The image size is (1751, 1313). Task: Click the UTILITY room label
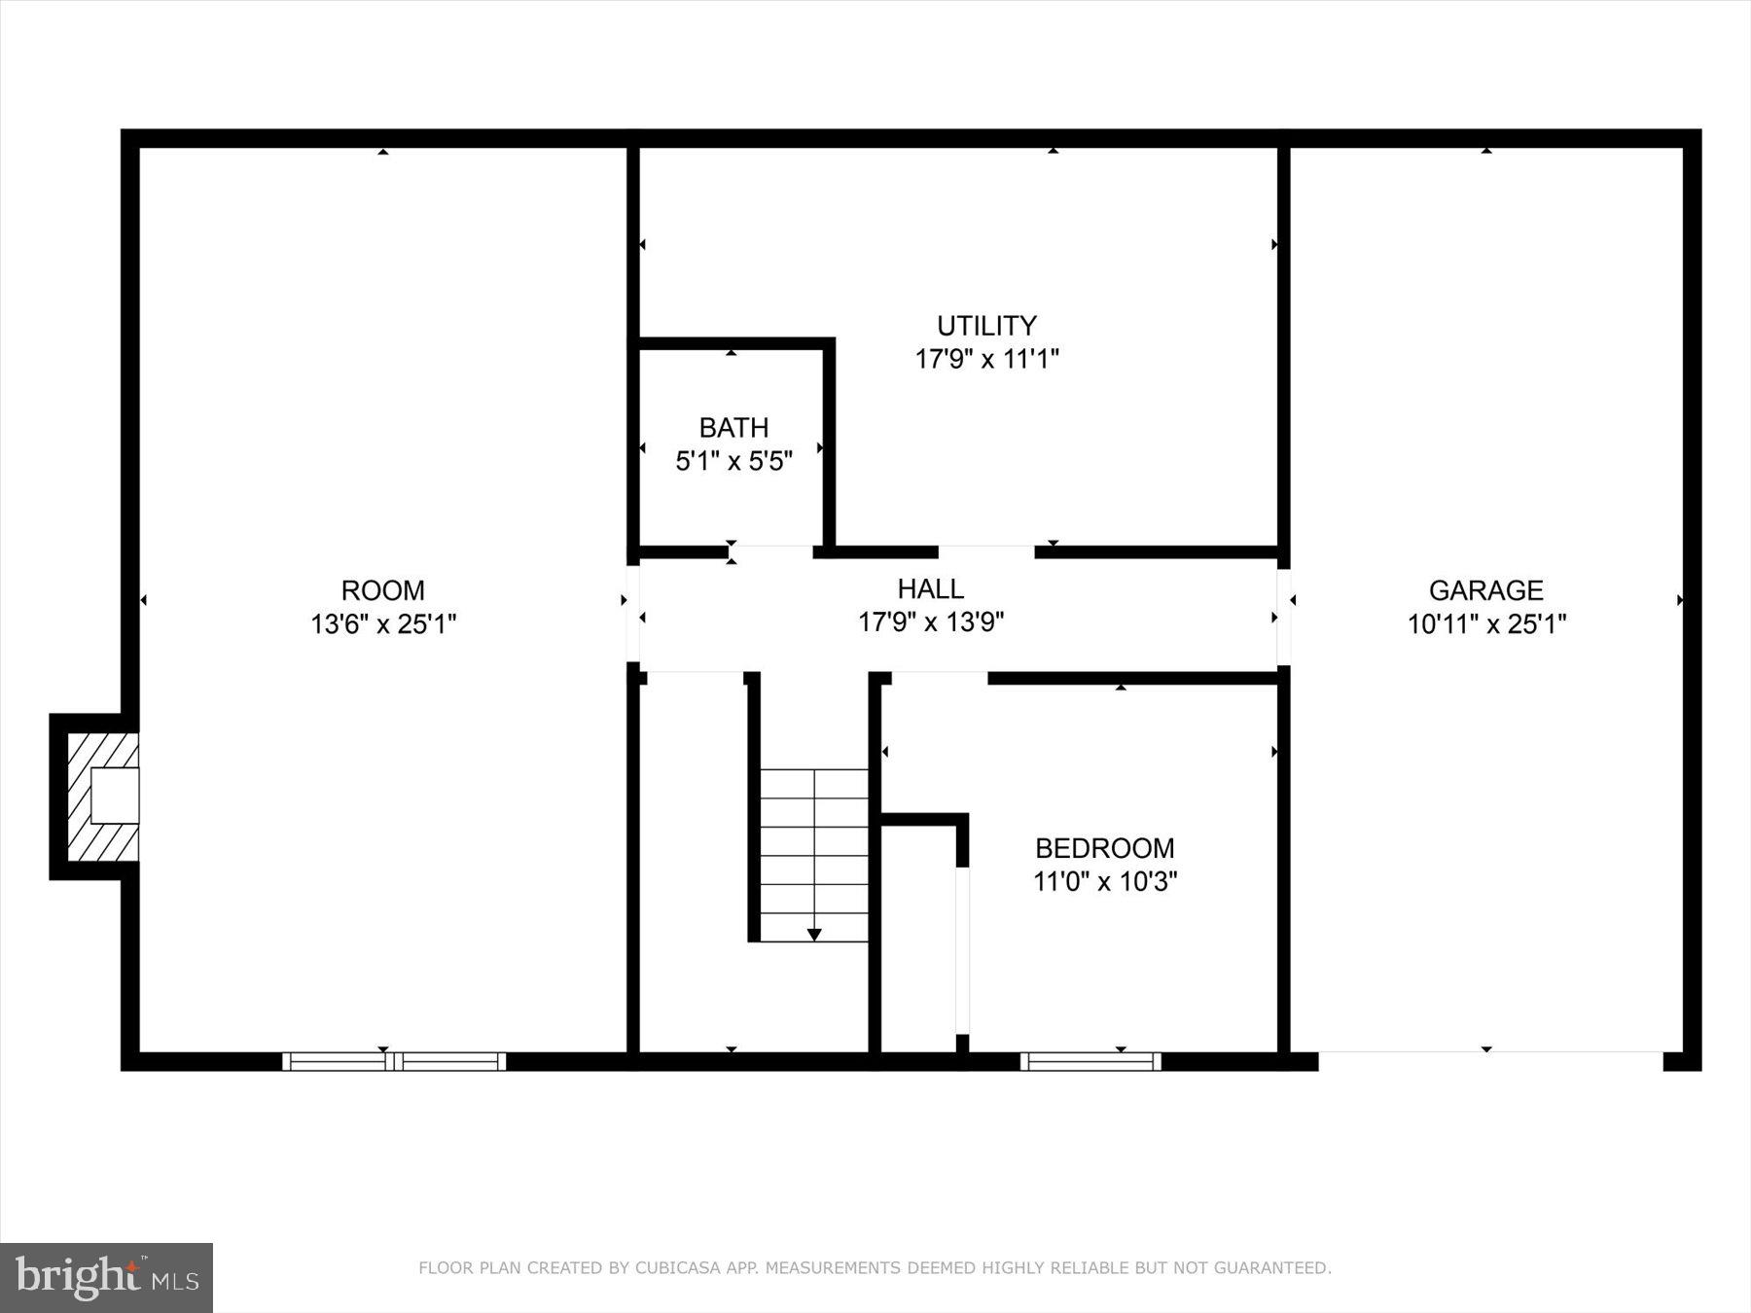click(986, 325)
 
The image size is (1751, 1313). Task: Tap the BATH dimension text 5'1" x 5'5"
click(733, 461)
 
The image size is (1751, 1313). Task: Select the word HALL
click(930, 588)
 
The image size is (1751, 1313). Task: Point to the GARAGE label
click(1485, 590)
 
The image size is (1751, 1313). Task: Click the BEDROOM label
click(1104, 848)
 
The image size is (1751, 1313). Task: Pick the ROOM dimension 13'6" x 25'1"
click(383, 623)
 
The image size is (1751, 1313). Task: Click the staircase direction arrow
click(814, 935)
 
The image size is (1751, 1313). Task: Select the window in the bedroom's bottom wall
click(1090, 1061)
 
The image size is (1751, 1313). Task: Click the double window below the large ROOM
click(394, 1061)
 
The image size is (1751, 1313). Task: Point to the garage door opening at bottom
click(1489, 1060)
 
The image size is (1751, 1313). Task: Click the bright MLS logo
click(106, 1277)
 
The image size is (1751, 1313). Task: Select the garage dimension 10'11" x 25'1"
click(1486, 623)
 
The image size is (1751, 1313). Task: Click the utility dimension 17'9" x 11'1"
click(986, 359)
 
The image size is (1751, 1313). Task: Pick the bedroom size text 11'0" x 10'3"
click(1105, 882)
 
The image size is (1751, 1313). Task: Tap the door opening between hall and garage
click(1284, 616)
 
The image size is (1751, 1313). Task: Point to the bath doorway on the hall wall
click(771, 552)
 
